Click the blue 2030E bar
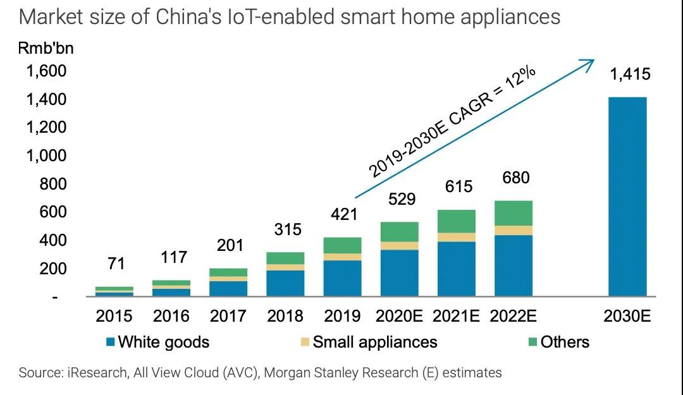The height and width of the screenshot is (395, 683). point(627,197)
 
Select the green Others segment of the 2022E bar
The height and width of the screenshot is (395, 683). point(514,213)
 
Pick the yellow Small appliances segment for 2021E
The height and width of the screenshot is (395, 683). point(457,237)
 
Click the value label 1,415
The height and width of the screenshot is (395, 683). point(629,75)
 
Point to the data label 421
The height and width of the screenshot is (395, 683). point(344,214)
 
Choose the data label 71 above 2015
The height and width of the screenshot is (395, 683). point(116,263)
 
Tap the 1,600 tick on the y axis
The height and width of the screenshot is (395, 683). point(46,71)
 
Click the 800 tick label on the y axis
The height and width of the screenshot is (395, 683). point(52,184)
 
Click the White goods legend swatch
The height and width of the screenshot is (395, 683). point(111,343)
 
